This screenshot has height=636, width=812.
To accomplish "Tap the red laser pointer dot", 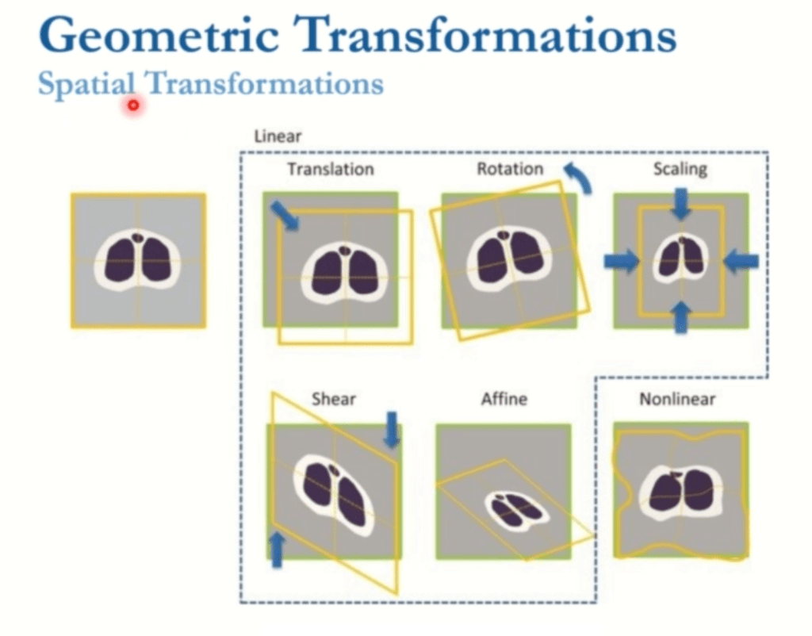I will pyautogui.click(x=133, y=105).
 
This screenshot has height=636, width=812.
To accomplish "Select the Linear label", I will pyautogui.click(x=278, y=136).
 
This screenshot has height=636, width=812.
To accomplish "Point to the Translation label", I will pyautogui.click(x=330, y=169).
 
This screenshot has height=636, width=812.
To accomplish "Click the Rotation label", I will pyautogui.click(x=510, y=169).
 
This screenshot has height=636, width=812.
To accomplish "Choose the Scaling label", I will pyautogui.click(x=680, y=169).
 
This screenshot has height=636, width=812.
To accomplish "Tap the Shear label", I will pyautogui.click(x=333, y=399).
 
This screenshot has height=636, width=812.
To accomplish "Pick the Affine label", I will pyautogui.click(x=504, y=399).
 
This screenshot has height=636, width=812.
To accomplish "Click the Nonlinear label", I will pyautogui.click(x=679, y=399).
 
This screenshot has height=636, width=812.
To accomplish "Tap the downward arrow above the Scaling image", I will pyautogui.click(x=680, y=204).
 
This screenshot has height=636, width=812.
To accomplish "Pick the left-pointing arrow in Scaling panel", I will pyautogui.click(x=741, y=261).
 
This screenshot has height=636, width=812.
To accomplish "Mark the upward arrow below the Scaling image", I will pyautogui.click(x=680, y=317).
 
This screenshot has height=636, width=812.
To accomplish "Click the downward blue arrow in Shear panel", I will pyautogui.click(x=391, y=429).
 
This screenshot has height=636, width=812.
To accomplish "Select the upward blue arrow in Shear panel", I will pyautogui.click(x=277, y=550).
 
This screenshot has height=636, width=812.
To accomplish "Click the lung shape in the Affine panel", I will pyautogui.click(x=514, y=510).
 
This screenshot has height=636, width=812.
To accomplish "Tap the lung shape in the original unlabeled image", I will pyautogui.click(x=138, y=259).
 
